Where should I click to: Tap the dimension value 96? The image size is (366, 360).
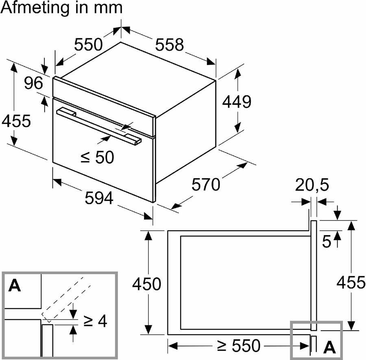[33, 83]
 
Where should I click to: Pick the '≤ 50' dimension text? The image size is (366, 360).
[97, 157]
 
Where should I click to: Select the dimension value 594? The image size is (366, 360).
[99, 198]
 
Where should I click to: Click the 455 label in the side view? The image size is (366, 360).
[350, 281]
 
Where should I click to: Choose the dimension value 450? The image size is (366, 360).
[147, 284]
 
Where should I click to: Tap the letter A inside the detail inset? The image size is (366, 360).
[15, 286]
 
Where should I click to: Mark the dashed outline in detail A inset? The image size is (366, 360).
[65, 297]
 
